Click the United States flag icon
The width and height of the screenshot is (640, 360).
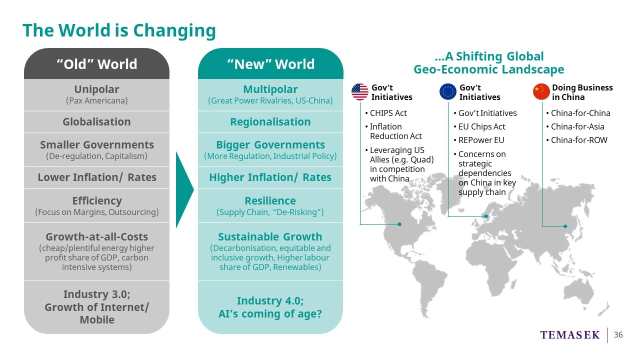360,91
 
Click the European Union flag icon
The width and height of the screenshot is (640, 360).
448,91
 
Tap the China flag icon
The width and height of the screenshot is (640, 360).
541,91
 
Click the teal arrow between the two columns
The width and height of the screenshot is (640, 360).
184,189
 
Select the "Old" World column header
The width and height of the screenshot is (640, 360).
97,63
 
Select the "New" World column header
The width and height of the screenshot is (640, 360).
270,63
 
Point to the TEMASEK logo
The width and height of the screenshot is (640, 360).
569,335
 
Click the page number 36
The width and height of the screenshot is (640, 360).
618,335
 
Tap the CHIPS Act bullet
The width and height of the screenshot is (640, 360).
386,113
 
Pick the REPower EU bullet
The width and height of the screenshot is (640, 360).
479,140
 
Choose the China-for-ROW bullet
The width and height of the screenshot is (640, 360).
576,140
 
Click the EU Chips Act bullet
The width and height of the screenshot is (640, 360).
479,126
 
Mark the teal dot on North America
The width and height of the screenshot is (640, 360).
399,224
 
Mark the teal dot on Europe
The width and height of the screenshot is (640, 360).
486,216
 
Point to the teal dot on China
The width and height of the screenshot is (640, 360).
565,226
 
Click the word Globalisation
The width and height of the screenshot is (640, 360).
97,122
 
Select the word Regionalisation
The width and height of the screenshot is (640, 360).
270,122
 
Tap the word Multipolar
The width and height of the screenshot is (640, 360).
270,89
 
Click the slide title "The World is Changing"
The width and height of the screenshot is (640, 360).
119,30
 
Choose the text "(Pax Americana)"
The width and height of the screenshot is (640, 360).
97,100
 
